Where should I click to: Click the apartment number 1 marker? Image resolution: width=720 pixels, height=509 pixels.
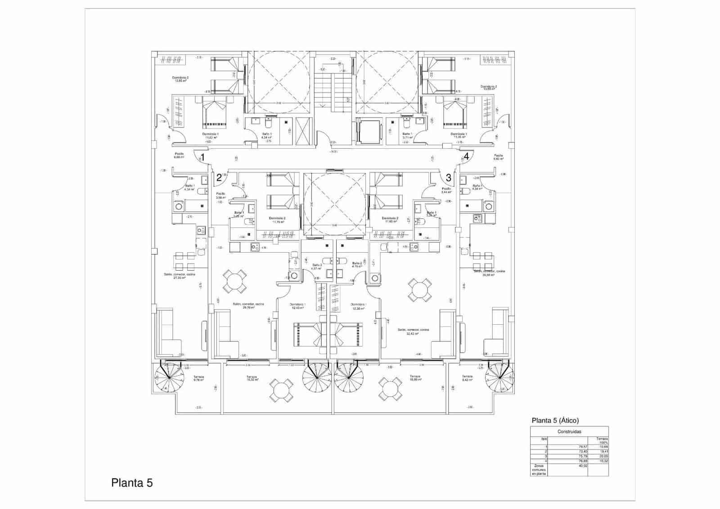(x=203, y=157)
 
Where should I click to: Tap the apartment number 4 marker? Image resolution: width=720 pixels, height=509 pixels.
(x=467, y=156)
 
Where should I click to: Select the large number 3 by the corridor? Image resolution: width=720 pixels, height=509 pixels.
(x=448, y=178)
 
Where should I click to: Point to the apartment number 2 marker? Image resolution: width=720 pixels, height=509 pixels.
(x=219, y=177)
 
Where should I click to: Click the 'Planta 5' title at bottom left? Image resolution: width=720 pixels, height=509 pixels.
(x=132, y=483)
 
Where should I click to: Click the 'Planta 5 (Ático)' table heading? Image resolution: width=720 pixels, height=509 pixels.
(x=555, y=421)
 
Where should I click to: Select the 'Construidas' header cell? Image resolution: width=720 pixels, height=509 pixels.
(x=569, y=432)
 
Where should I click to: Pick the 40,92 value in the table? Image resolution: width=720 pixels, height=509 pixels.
(x=583, y=466)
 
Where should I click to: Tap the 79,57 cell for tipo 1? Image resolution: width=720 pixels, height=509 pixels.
(x=583, y=447)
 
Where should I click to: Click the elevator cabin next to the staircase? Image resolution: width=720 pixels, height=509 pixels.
(x=368, y=131)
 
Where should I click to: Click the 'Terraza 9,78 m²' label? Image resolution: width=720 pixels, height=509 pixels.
(x=198, y=378)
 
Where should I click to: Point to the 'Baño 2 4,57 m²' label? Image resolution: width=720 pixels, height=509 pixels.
(x=317, y=267)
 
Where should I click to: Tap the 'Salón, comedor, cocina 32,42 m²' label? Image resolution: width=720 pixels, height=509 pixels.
(x=413, y=332)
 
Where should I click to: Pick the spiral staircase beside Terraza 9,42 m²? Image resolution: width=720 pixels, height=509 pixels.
(x=499, y=378)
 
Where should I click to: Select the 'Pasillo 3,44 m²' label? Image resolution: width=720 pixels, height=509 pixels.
(x=446, y=191)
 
